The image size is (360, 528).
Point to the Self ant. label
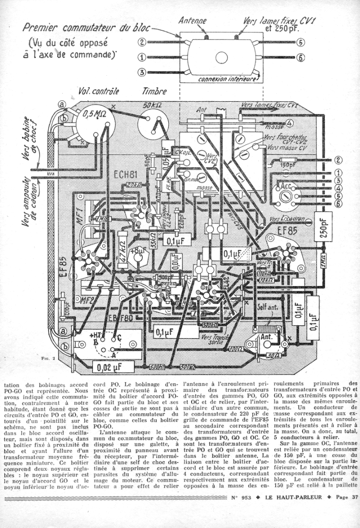[267, 308]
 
